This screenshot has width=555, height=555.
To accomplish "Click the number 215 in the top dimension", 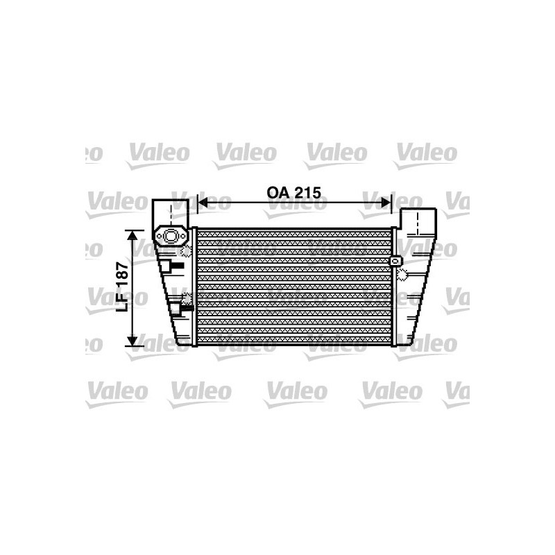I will coord(307,193).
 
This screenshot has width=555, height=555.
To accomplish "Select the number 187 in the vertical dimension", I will coord(121,280).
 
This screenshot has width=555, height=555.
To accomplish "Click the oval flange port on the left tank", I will coord(169,237).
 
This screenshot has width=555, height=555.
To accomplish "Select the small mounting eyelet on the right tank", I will coord(395,262).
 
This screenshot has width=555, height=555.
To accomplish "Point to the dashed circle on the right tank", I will coord(403,275).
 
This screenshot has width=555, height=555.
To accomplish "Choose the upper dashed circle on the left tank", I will coord(185,251).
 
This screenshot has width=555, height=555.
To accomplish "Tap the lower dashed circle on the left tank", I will coord(187,299).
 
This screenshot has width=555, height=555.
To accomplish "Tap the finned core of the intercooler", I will coord(295,286).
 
